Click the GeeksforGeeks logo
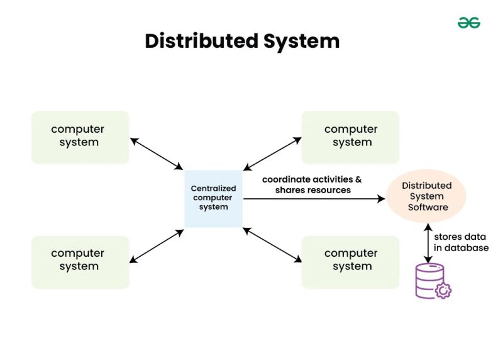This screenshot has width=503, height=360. point(468,23)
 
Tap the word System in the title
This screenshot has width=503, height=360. point(301,41)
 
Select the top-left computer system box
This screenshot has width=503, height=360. point(80,137)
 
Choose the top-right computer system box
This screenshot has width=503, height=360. point(350,137)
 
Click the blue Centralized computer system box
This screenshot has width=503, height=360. point(213,198)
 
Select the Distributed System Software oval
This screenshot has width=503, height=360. point(427,196)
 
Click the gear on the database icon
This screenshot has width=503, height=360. point(443,290)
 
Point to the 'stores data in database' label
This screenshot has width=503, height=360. point(461,242)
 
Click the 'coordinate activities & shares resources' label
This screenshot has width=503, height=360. point(312,184)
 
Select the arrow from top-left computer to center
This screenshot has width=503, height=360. point(157,153)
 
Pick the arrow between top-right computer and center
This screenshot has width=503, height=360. point(272,153)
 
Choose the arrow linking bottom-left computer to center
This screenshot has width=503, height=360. point(157,245)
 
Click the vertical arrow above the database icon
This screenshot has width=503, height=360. point(428,242)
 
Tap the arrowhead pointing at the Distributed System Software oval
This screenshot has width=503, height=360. point(380,199)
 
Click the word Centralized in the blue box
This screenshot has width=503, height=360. point(213,188)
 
